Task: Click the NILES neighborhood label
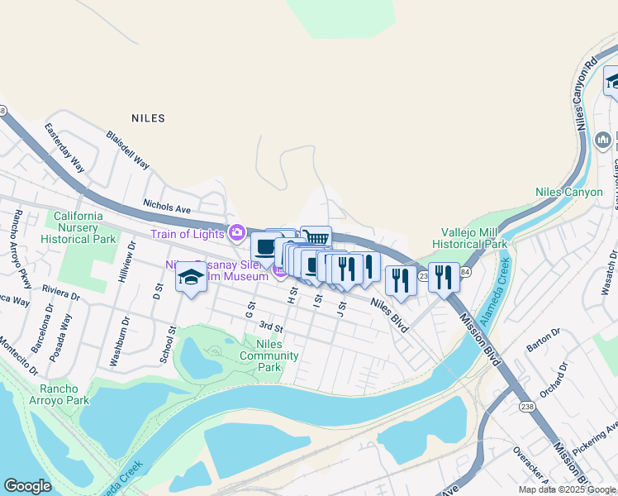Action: click(x=148, y=118)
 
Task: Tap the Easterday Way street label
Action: click(x=64, y=147)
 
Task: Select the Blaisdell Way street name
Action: click(x=127, y=149)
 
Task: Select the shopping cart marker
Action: click(x=316, y=238)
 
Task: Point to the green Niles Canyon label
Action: click(x=568, y=192)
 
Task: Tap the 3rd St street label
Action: click(x=270, y=328)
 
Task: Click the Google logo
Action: click(x=27, y=486)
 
